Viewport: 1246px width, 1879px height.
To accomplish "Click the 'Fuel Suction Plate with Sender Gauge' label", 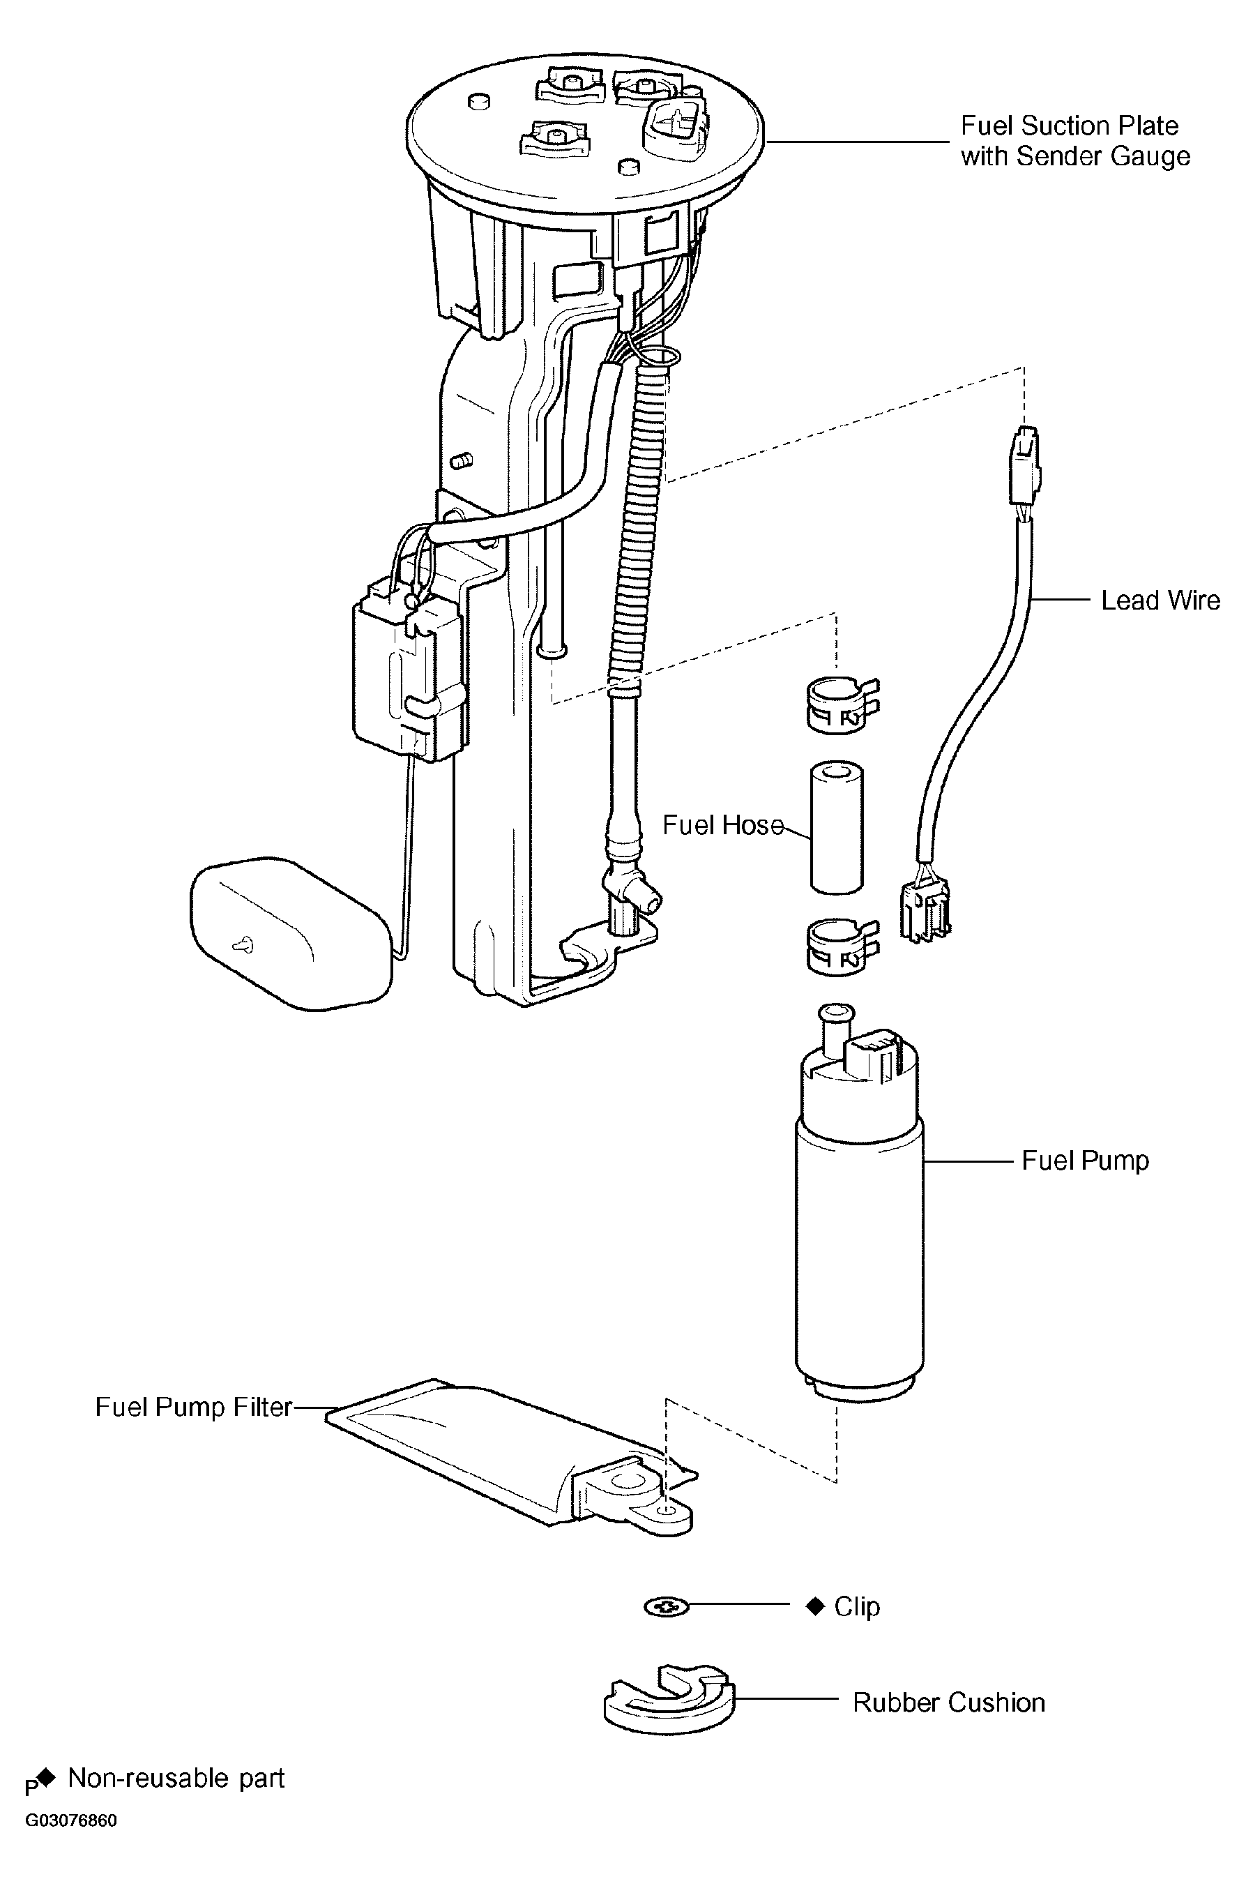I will pos(1074,141).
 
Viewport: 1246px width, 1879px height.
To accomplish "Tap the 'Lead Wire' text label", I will pos(1160,600).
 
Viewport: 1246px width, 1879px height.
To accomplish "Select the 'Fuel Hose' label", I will pos(722,825).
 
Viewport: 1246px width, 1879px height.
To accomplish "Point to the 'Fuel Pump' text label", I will pos(1085,1160).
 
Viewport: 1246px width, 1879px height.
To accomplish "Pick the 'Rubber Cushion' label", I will pos(948,1702).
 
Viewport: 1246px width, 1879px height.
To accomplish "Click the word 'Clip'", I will pos(857,1606).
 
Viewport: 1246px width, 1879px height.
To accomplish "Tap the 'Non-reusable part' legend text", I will pos(176,1778).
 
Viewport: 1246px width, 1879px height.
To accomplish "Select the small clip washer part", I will pos(667,1607).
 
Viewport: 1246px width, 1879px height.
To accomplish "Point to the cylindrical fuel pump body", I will pos(859,1240).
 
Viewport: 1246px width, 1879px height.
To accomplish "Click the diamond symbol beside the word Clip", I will pos(815,1606).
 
